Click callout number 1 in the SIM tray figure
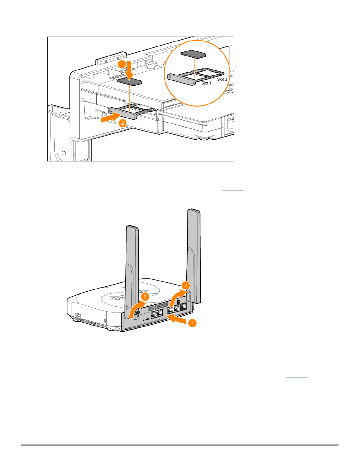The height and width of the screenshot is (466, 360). [x=122, y=64]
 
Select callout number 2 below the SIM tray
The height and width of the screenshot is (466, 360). [x=122, y=123]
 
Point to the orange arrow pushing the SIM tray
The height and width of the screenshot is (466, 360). [x=111, y=117]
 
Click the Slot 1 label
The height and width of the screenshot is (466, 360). [x=206, y=83]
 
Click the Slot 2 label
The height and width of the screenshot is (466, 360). [x=222, y=79]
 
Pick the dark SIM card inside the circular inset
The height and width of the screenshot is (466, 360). [x=193, y=54]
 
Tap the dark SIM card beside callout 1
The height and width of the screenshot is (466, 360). [x=129, y=81]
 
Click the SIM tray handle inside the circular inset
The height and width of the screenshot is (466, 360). [x=181, y=79]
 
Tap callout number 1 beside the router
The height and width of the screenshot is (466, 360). [x=192, y=323]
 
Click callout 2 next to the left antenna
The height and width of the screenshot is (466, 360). [x=145, y=297]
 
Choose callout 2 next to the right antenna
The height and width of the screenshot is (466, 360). [x=185, y=285]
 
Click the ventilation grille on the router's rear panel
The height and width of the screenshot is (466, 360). [x=158, y=307]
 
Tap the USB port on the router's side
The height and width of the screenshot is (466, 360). [x=78, y=315]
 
